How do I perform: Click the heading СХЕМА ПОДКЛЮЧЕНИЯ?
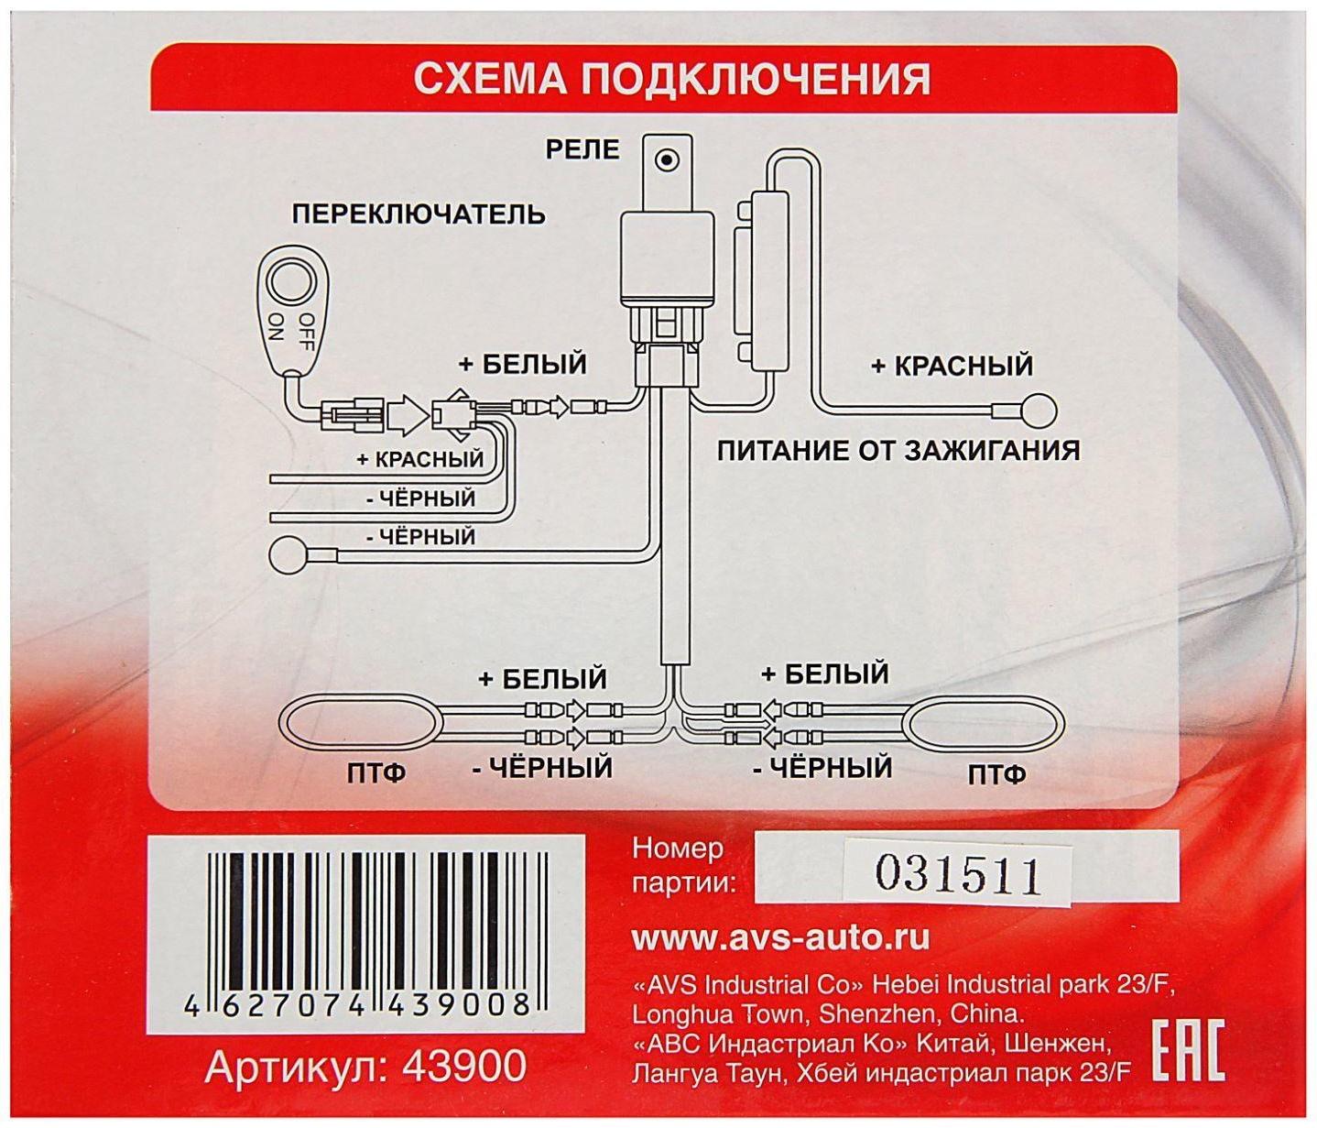coord(671,79)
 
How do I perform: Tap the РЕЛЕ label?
coord(582,148)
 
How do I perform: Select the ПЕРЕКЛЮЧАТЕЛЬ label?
coord(419,214)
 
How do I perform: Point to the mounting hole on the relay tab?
coord(668,160)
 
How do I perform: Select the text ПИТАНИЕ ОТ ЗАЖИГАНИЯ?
coord(898,451)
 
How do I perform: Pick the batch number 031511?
coord(958,874)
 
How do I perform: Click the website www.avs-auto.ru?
coord(780,937)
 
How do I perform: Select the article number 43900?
coord(365,1067)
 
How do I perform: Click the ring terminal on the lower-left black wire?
coord(289,556)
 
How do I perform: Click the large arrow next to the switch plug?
coord(407,416)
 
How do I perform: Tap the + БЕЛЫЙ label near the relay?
coord(522,364)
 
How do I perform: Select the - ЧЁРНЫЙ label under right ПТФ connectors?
coord(822,767)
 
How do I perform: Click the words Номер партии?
coord(683,865)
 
